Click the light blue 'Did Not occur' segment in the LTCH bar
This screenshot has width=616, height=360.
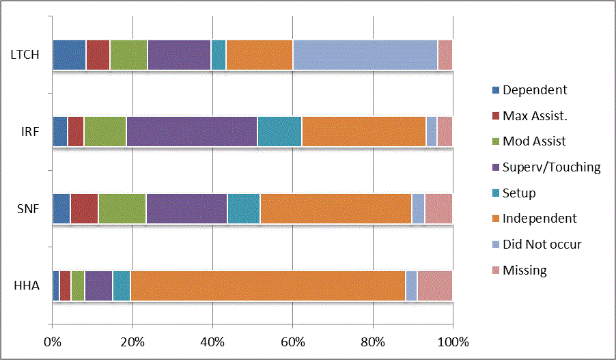pos(365,55)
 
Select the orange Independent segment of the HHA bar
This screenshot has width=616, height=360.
pos(268,286)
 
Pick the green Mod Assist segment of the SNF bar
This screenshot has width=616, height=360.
pos(122,208)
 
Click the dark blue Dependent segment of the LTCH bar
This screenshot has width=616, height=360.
pos(69,55)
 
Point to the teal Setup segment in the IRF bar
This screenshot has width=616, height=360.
pos(279,131)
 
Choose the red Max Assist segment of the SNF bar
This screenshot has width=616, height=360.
pos(84,208)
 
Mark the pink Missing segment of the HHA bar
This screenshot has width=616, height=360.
pos(434,286)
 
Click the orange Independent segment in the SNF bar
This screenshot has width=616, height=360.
pos(335,208)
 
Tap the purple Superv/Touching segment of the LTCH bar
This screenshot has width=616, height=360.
pos(179,55)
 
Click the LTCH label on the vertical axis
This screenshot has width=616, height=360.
pos(27,55)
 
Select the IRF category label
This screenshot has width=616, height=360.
pos(31,131)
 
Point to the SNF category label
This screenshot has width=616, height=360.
pos(29,208)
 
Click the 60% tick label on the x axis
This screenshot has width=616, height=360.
pos(292,341)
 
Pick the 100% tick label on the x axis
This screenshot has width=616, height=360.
pos(452,341)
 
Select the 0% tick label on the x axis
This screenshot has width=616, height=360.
pos(53,341)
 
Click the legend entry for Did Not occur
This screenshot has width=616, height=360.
pos(542,244)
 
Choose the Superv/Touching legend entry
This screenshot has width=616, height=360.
pos(551,167)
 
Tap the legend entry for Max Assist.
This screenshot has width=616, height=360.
pos(535,115)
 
